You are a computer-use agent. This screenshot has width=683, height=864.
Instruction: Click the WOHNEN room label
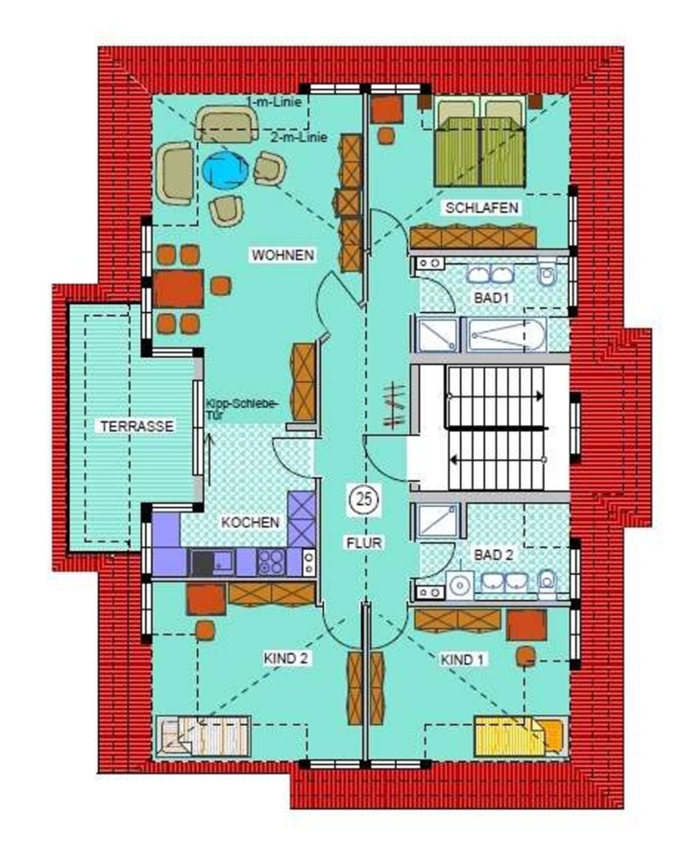point(282,255)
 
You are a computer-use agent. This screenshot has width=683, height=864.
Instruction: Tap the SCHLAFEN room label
point(482,207)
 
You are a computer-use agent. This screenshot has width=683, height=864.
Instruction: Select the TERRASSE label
point(136,426)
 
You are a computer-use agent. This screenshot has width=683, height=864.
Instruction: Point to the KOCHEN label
point(251,522)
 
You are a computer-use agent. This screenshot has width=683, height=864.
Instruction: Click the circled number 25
point(364,500)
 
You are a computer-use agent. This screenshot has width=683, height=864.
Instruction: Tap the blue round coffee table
point(225,171)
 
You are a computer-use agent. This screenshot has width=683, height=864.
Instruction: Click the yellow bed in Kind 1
point(521,735)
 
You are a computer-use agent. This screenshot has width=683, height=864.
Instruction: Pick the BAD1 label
point(491,299)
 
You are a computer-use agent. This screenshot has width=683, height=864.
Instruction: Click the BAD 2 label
point(494,555)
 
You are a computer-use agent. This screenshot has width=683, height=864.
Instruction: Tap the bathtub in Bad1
point(506,334)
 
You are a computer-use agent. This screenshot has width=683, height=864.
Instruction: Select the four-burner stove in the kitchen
point(271,562)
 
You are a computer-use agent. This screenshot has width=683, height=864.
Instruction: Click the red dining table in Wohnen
point(178,289)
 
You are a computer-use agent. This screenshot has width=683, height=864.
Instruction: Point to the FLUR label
point(364,542)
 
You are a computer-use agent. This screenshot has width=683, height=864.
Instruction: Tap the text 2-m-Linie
point(299,137)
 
